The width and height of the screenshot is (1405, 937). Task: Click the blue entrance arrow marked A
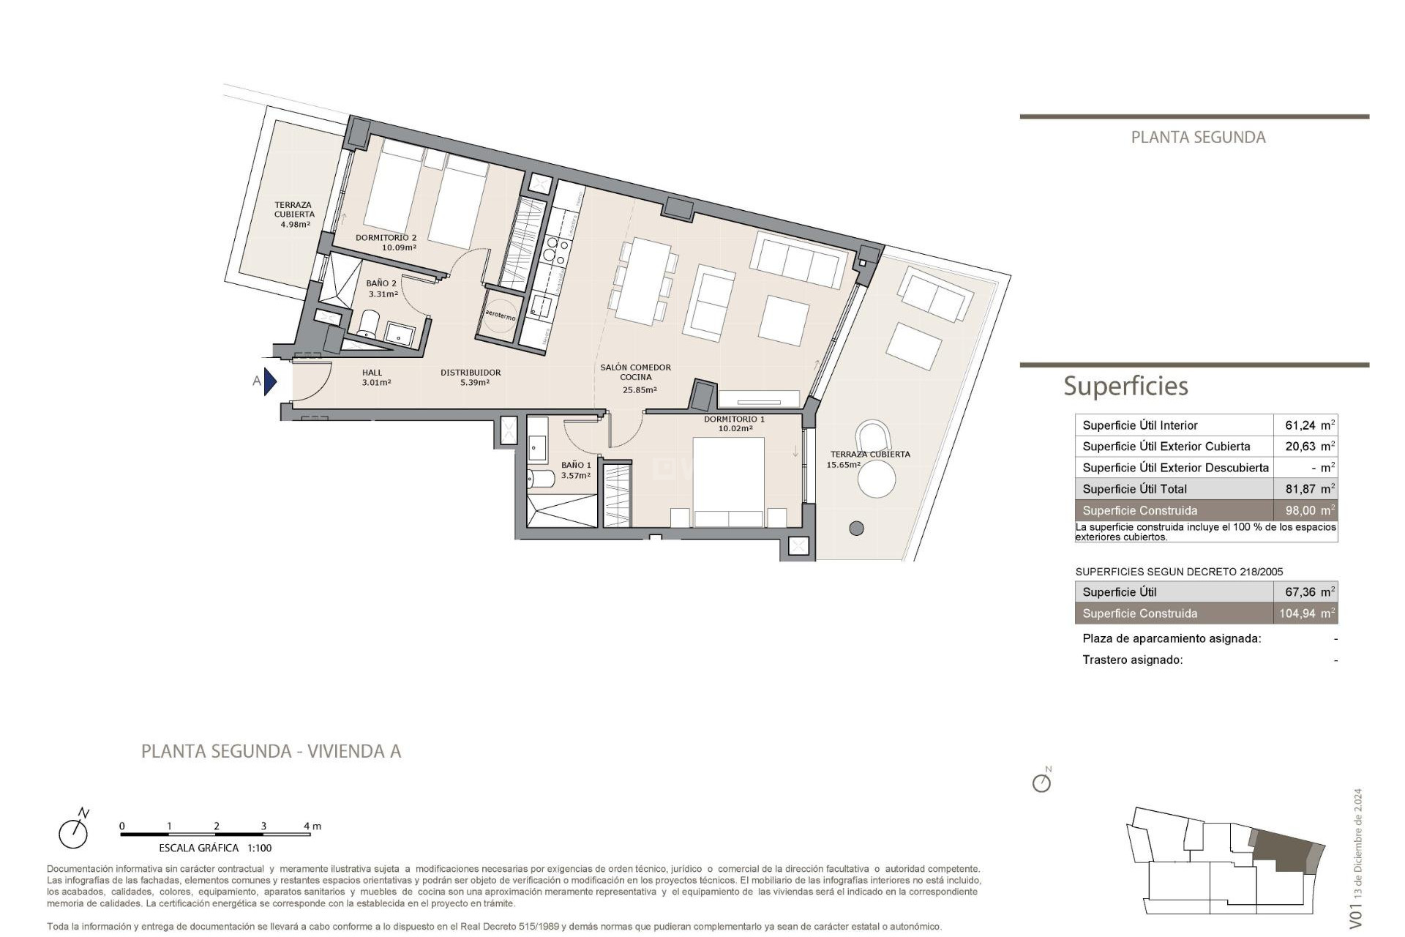(270, 381)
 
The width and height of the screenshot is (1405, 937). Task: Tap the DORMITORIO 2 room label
(386, 238)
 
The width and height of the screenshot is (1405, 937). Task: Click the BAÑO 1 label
(576, 465)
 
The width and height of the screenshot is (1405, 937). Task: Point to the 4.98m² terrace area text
(295, 224)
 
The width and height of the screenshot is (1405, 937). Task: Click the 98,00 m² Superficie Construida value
(1309, 510)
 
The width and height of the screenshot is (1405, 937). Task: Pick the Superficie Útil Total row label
(1134, 489)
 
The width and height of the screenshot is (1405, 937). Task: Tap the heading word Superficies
(1125, 386)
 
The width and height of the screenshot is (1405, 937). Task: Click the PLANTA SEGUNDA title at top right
(1198, 137)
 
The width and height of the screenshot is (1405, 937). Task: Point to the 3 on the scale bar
(263, 826)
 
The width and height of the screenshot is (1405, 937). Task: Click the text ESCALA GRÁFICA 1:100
(215, 848)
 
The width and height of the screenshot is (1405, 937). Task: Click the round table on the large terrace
(876, 480)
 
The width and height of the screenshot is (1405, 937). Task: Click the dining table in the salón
(643, 281)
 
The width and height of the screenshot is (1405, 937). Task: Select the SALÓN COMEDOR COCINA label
(635, 373)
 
